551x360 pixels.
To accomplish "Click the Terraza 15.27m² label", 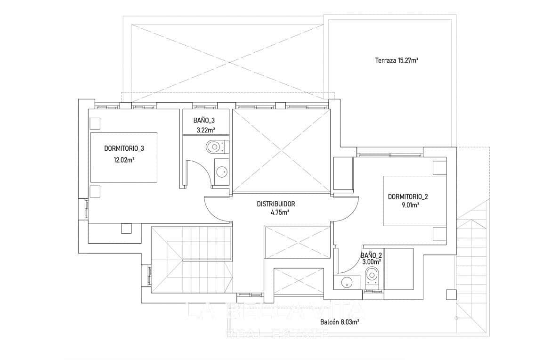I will (x=397, y=60).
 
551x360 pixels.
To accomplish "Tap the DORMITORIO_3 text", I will (x=124, y=148).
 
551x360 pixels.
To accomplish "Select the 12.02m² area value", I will (x=124, y=160).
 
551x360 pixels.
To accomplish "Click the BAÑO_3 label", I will (x=204, y=120).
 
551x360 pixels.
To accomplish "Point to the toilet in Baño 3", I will (x=214, y=147).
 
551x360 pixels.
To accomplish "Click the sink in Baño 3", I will (x=220, y=172).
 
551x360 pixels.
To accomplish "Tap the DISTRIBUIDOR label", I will (x=276, y=204).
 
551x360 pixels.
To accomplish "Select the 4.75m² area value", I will (x=279, y=213).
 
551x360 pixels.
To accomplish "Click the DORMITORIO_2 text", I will (x=408, y=196).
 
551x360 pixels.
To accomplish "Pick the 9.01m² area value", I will (x=410, y=205).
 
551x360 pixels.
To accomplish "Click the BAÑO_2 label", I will (x=371, y=255).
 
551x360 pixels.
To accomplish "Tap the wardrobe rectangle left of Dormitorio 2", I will (x=343, y=174).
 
